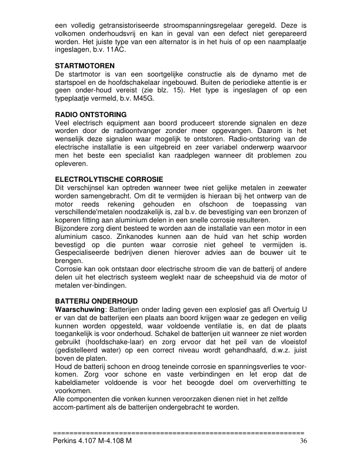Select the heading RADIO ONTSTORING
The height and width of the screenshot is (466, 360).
[91, 114]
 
